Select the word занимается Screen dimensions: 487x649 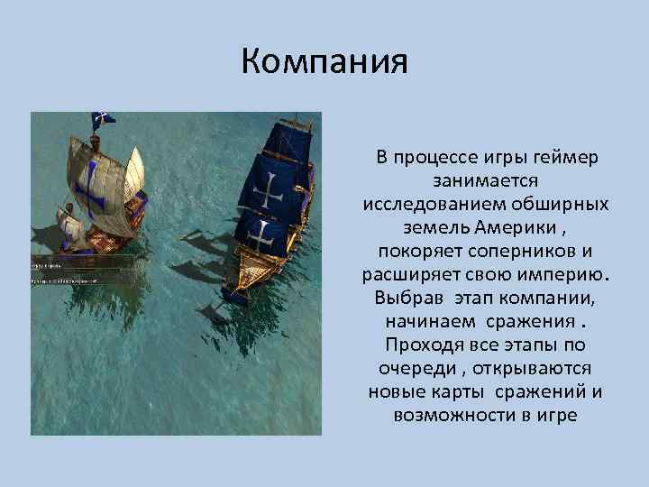pos(486,181)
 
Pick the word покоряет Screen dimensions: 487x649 pos(414,252)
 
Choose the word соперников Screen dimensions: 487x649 pos(520,252)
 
